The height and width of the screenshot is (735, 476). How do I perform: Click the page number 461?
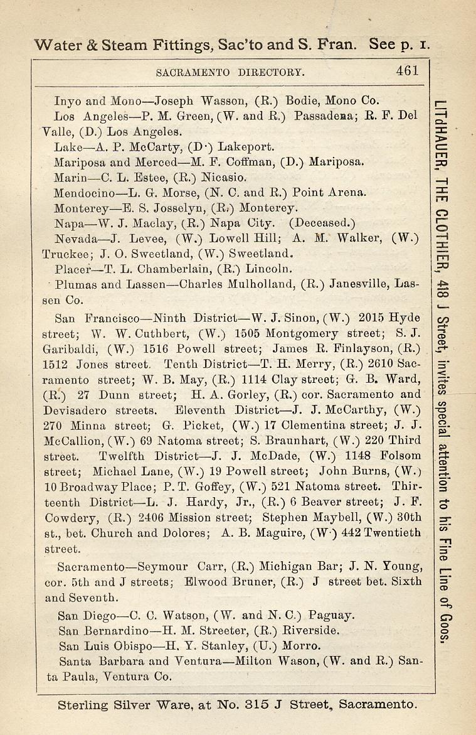coord(407,71)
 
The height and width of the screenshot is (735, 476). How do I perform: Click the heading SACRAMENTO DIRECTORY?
coord(230,72)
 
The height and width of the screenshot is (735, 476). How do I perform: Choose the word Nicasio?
coord(216,178)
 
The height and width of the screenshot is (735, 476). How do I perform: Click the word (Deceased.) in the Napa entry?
coord(322,223)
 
